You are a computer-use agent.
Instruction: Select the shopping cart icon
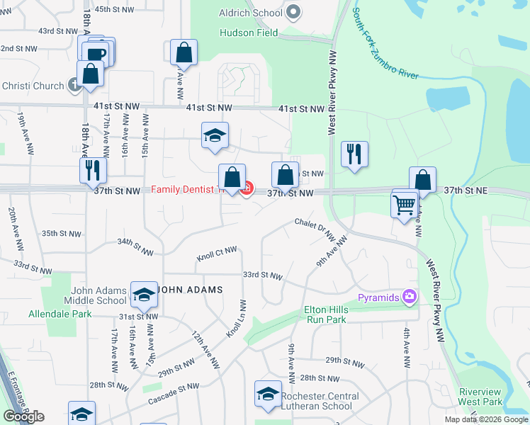(x=404, y=206)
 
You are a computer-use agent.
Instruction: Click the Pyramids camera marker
(x=409, y=297)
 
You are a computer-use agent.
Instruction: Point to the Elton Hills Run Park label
(x=325, y=314)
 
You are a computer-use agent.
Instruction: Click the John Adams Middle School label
(x=98, y=295)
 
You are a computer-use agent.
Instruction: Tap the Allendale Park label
(x=60, y=314)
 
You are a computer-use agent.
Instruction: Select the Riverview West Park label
(x=480, y=397)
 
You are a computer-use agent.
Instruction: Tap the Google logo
(x=24, y=416)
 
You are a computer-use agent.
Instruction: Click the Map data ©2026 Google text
(x=487, y=419)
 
